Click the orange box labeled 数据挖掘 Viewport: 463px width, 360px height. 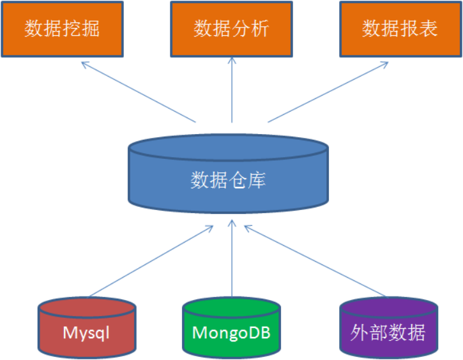[x=63, y=29]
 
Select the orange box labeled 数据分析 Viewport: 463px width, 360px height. [x=231, y=29]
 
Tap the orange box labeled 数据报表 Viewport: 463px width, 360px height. [x=400, y=29]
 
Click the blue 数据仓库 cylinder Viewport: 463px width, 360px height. [x=228, y=174]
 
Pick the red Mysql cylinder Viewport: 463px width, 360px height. [x=87, y=327]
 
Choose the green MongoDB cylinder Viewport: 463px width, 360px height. [x=231, y=327]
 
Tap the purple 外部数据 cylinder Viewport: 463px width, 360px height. [x=388, y=327]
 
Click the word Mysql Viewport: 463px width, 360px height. [x=86, y=333]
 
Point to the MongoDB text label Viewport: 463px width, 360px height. [x=231, y=333]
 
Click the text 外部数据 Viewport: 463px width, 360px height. [x=388, y=333]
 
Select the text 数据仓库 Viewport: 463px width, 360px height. [x=228, y=180]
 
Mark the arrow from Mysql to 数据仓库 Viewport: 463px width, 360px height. [x=151, y=261]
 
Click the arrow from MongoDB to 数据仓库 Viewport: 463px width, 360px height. [x=232, y=258]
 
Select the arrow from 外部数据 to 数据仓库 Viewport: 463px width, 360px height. [x=315, y=261]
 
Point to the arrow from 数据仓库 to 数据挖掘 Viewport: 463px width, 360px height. [x=139, y=92]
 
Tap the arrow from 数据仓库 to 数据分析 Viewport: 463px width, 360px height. [x=232, y=90]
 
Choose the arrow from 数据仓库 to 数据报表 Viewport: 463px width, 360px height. [x=328, y=92]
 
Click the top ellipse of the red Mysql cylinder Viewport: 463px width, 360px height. [x=87, y=308]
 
